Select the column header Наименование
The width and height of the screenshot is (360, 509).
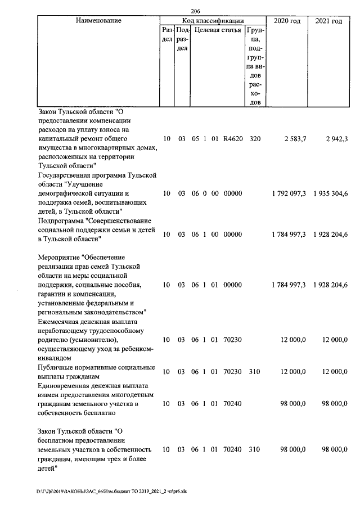98,21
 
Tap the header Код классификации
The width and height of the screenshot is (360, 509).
212,21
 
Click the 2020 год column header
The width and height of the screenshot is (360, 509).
287,21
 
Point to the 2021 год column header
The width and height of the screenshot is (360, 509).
329,21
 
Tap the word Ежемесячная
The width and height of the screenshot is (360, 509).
61,321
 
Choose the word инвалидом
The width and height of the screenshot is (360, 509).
55,358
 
